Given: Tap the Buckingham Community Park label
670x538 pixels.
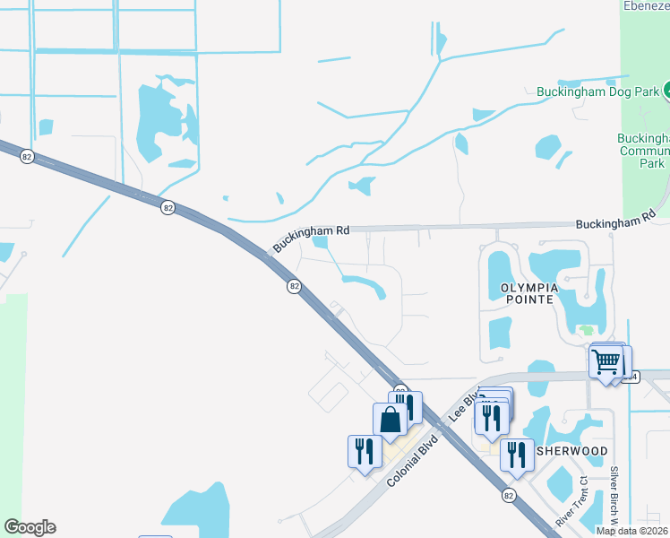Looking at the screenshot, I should [644, 151].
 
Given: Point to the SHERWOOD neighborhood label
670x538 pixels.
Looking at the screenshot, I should [572, 450].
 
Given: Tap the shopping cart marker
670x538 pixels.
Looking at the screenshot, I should [607, 362].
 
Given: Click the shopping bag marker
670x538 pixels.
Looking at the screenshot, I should [391, 420].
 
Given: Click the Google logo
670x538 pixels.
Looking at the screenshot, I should [30, 527].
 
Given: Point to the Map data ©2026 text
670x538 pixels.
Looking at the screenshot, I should [631, 531].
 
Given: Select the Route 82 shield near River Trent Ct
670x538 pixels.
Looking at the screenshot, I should [509, 495].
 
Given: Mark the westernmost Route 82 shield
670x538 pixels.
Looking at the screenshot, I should [27, 156].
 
